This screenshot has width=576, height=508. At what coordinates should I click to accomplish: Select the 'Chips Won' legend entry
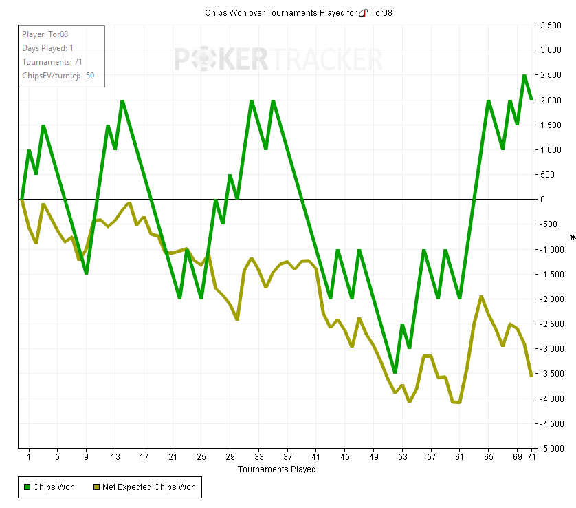coord(49,487)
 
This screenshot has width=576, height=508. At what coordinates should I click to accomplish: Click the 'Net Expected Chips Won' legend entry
coord(144,487)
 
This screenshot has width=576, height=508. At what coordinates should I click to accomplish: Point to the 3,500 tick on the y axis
coord(553,25)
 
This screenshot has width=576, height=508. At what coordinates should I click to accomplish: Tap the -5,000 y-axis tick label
coord(551,448)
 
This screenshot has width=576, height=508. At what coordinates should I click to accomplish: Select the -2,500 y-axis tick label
coord(551,324)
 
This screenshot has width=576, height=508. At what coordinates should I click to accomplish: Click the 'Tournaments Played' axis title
coord(277,469)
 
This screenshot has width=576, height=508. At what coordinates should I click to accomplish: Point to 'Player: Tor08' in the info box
coord(45,34)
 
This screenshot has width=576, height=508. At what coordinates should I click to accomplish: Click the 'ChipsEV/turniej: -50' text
coord(58,75)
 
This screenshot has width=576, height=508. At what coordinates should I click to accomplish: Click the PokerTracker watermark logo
coord(278,60)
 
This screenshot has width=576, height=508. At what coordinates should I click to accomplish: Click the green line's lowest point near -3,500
coord(395,372)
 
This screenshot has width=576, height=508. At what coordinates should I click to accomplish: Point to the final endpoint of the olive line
coord(531,376)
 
